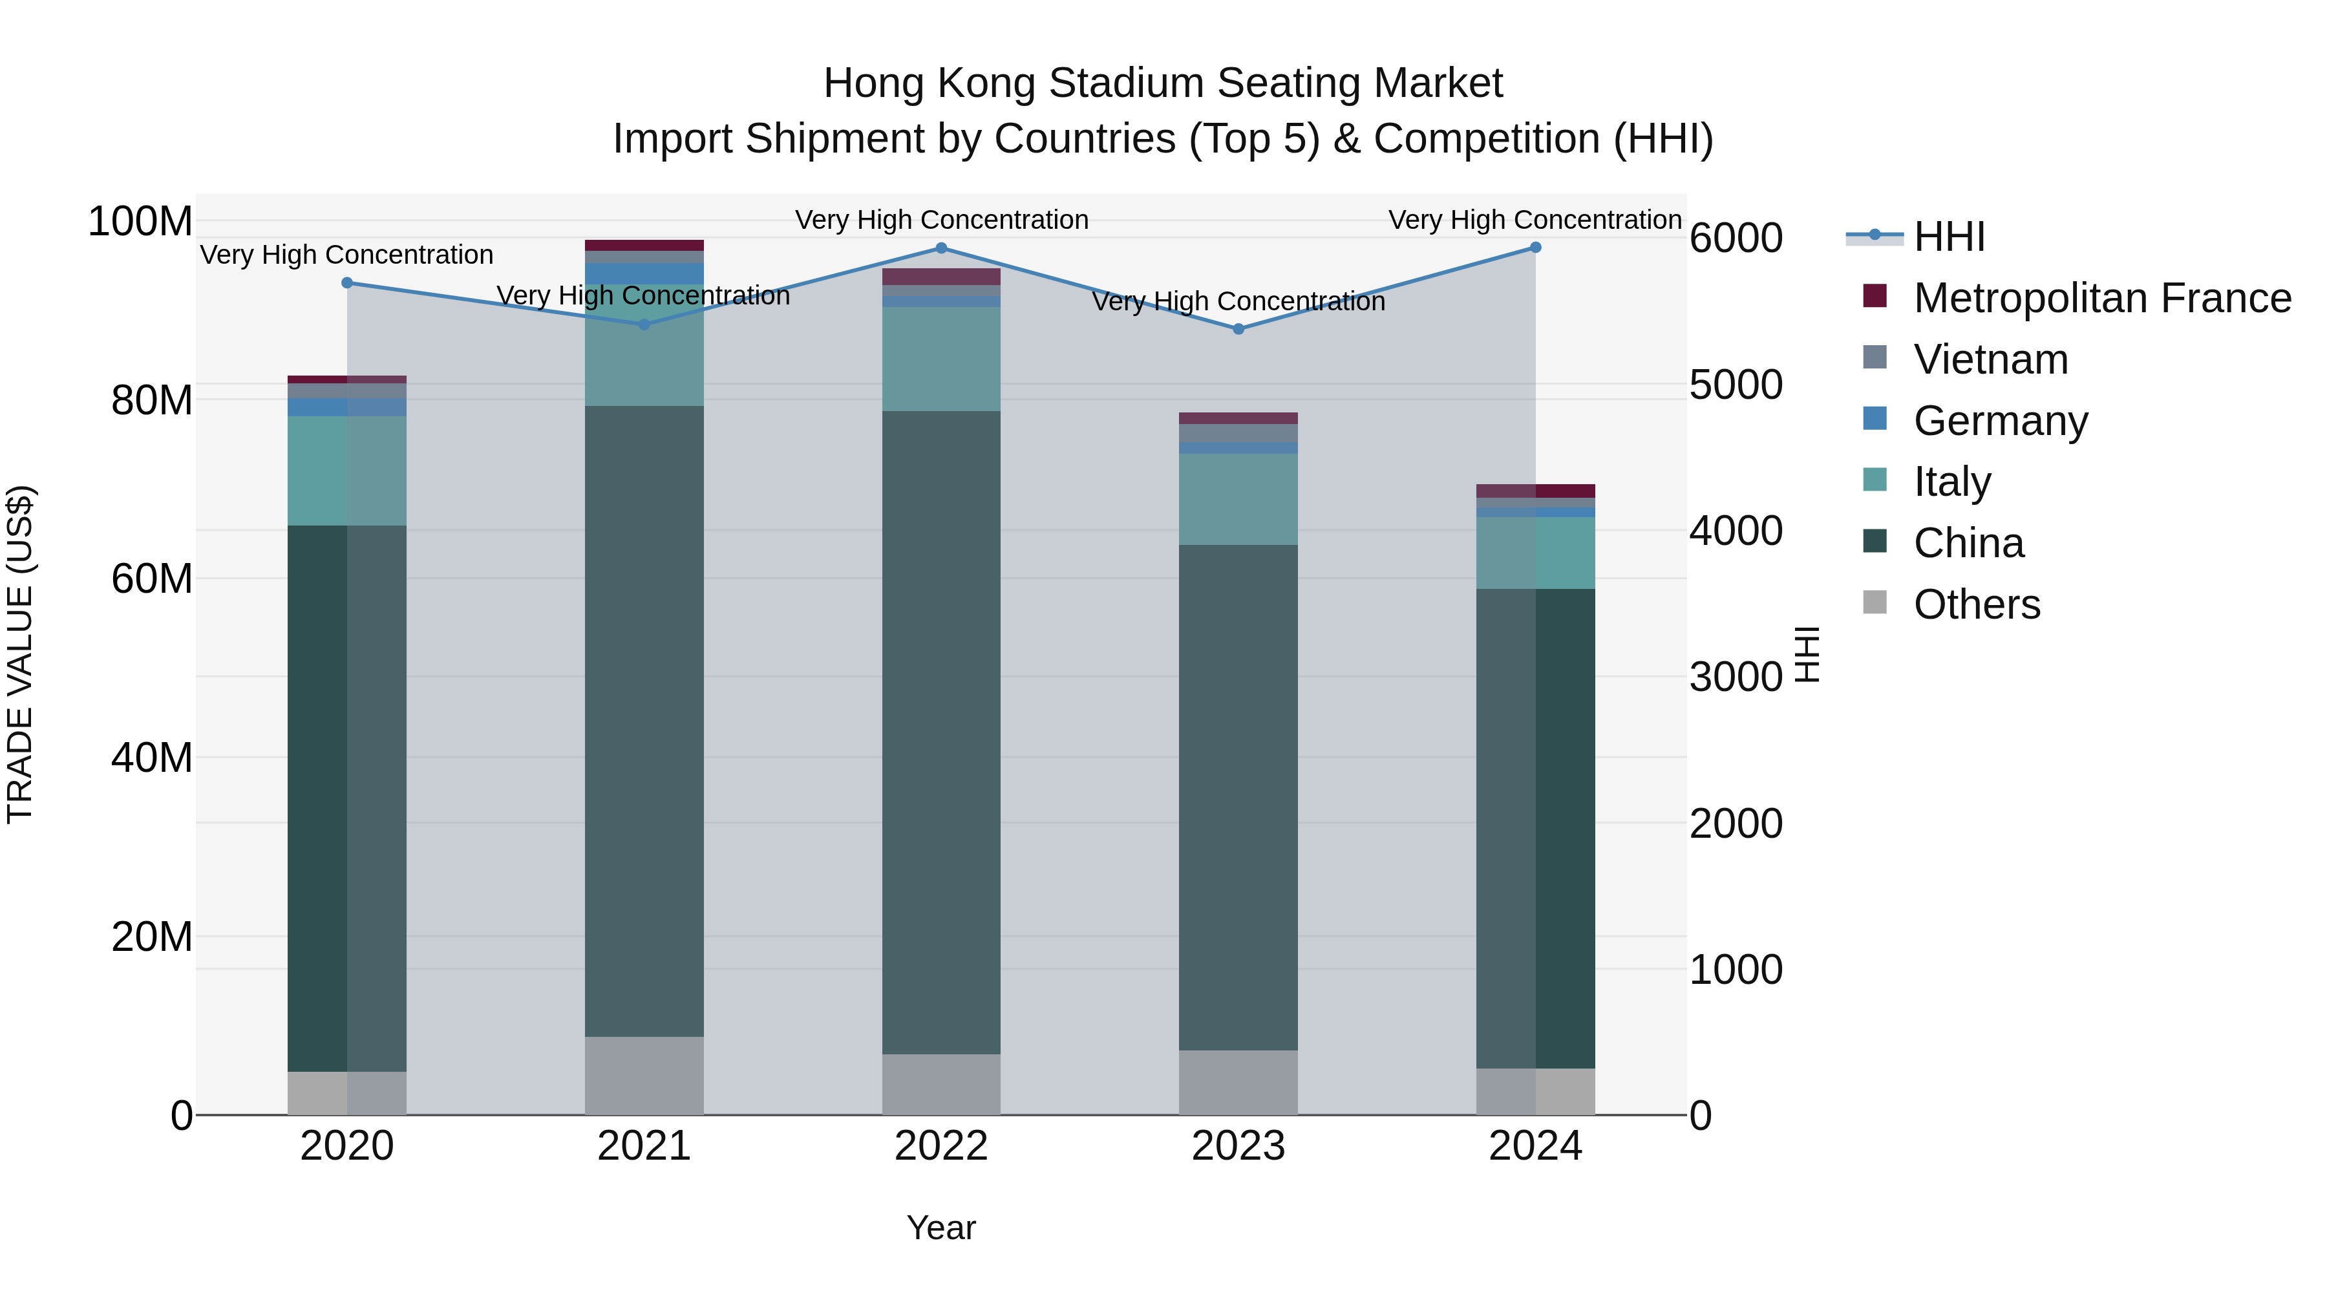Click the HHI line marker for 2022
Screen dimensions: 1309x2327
[x=940, y=248]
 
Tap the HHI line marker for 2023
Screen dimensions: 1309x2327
[x=1238, y=329]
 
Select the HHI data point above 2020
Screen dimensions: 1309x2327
[x=347, y=282]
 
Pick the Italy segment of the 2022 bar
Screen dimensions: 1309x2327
[x=940, y=359]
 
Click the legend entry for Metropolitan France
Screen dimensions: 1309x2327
[x=2101, y=298]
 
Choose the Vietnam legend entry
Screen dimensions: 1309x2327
[x=1990, y=359]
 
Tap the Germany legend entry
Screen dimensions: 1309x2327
[x=2000, y=421]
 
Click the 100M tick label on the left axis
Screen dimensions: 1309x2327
[x=140, y=221]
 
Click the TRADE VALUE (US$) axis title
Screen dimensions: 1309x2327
[x=20, y=654]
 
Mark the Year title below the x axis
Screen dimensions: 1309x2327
[x=940, y=1228]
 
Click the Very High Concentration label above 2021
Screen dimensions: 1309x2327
[x=643, y=295]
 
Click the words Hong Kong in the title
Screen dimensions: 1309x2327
[x=930, y=83]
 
